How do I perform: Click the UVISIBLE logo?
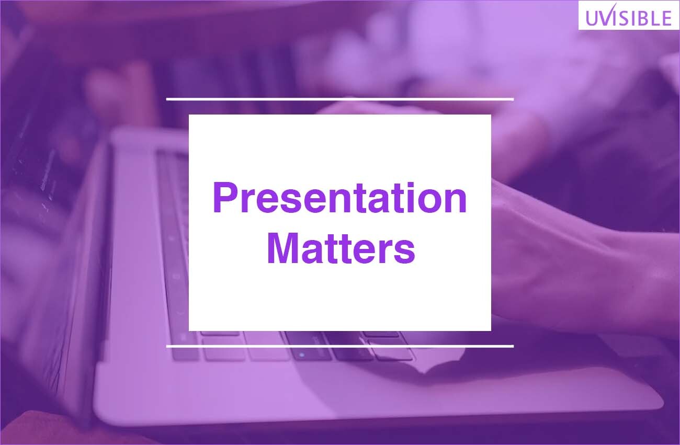pyautogui.click(x=628, y=15)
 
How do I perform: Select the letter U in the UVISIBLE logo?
pyautogui.click(x=592, y=18)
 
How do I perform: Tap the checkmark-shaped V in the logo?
pyautogui.click(x=605, y=15)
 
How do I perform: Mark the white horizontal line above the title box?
pyautogui.click(x=339, y=99)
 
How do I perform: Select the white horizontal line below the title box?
pyautogui.click(x=339, y=346)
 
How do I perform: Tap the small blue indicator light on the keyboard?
pyautogui.click(x=301, y=354)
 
